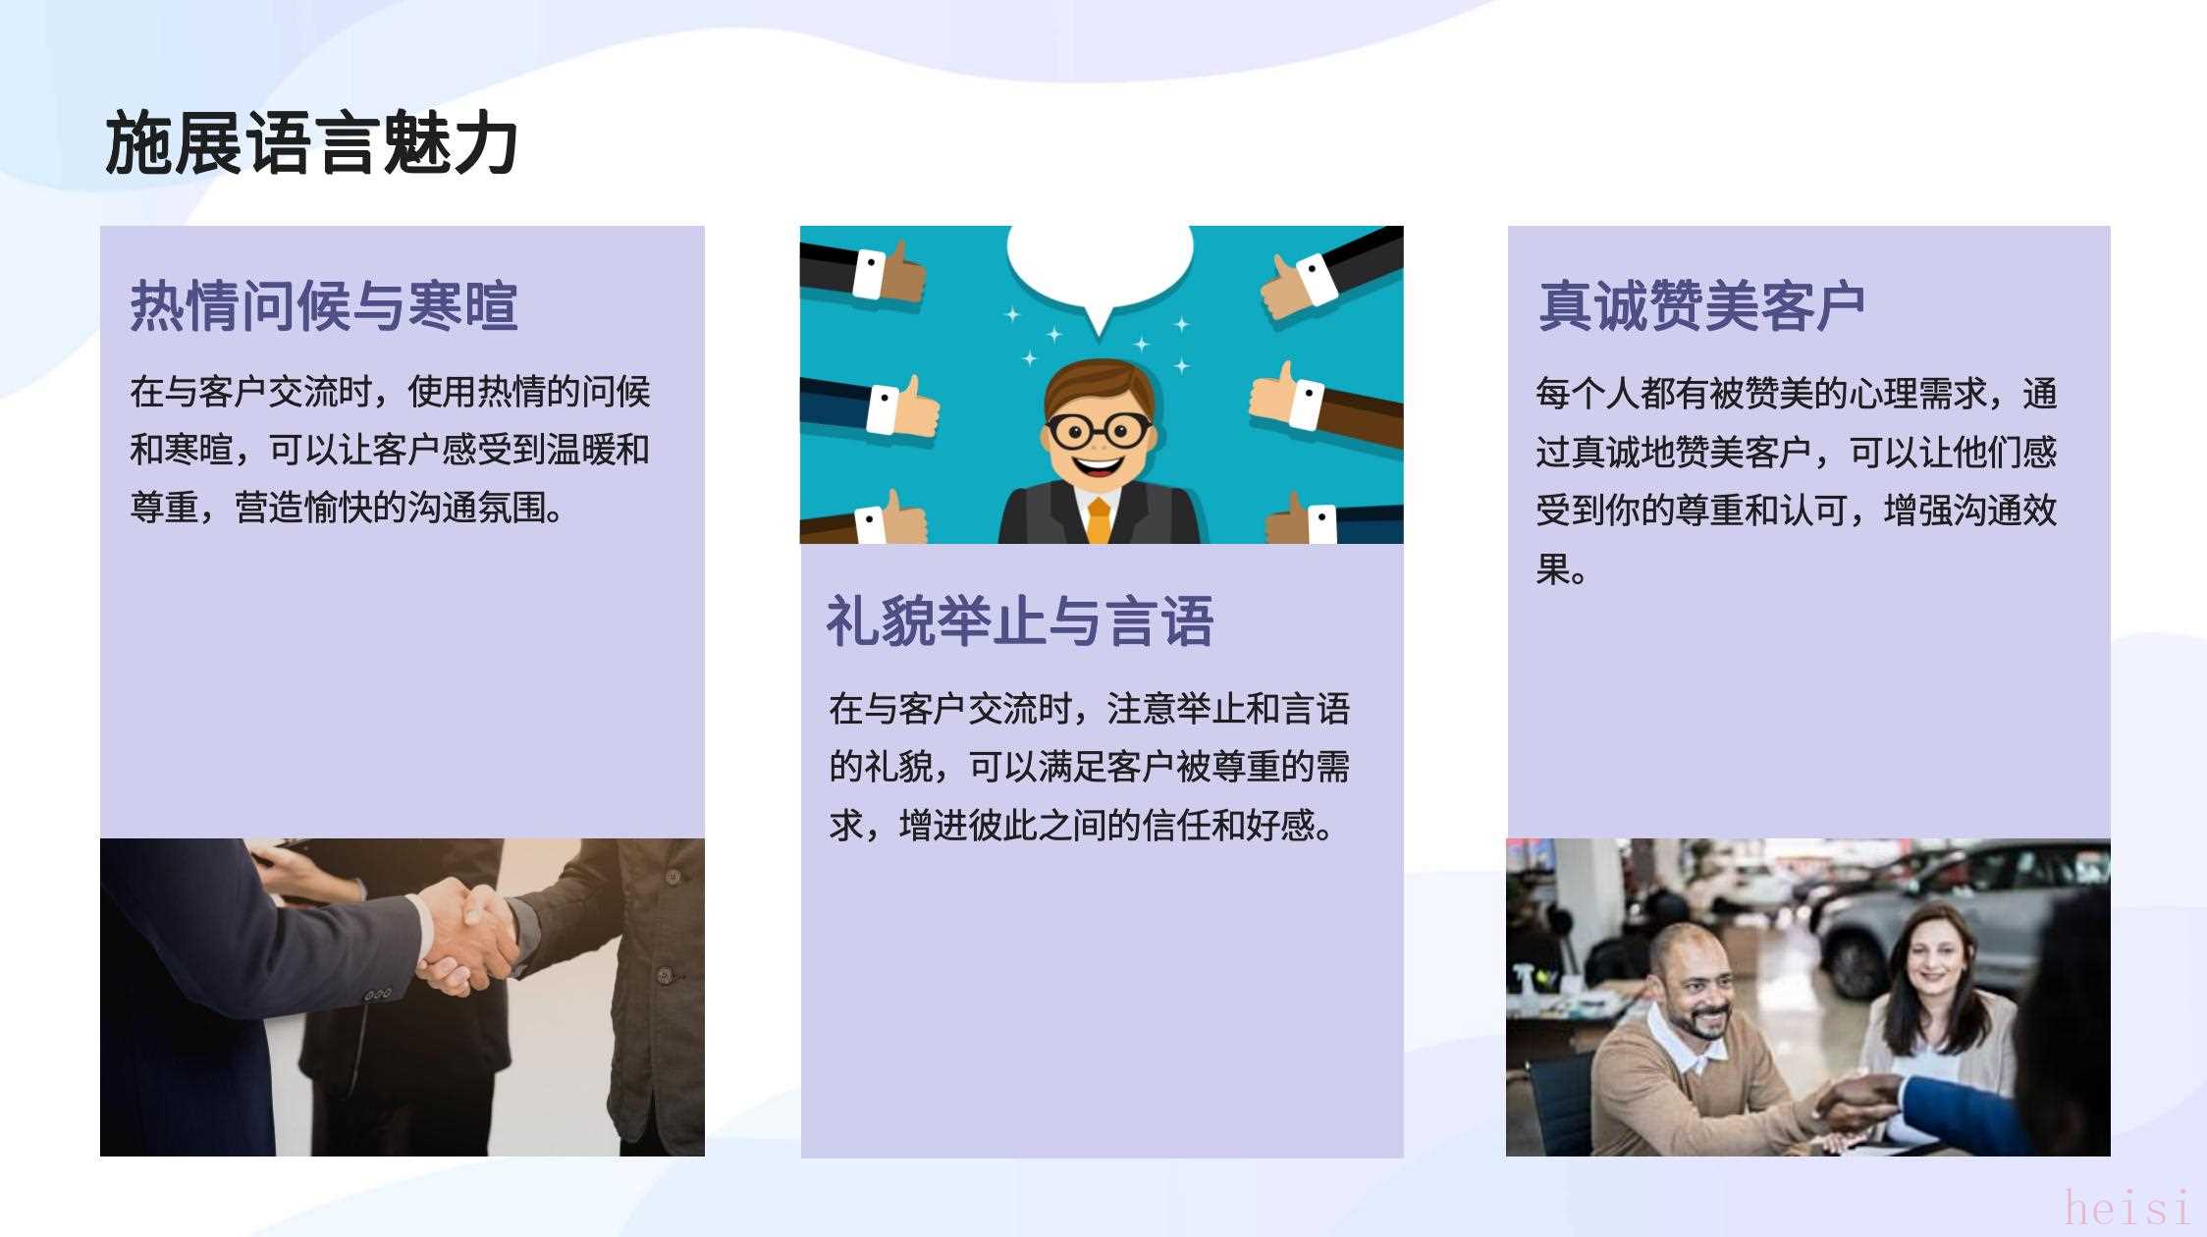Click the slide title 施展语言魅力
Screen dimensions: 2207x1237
311,143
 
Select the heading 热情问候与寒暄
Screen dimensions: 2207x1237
324,305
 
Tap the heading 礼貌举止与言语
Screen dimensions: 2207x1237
1020,620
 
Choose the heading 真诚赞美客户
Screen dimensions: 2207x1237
1701,305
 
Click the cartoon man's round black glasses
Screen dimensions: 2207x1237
1099,429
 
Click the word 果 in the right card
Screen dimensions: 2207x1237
1552,568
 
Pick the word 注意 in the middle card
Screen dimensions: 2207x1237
1142,708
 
